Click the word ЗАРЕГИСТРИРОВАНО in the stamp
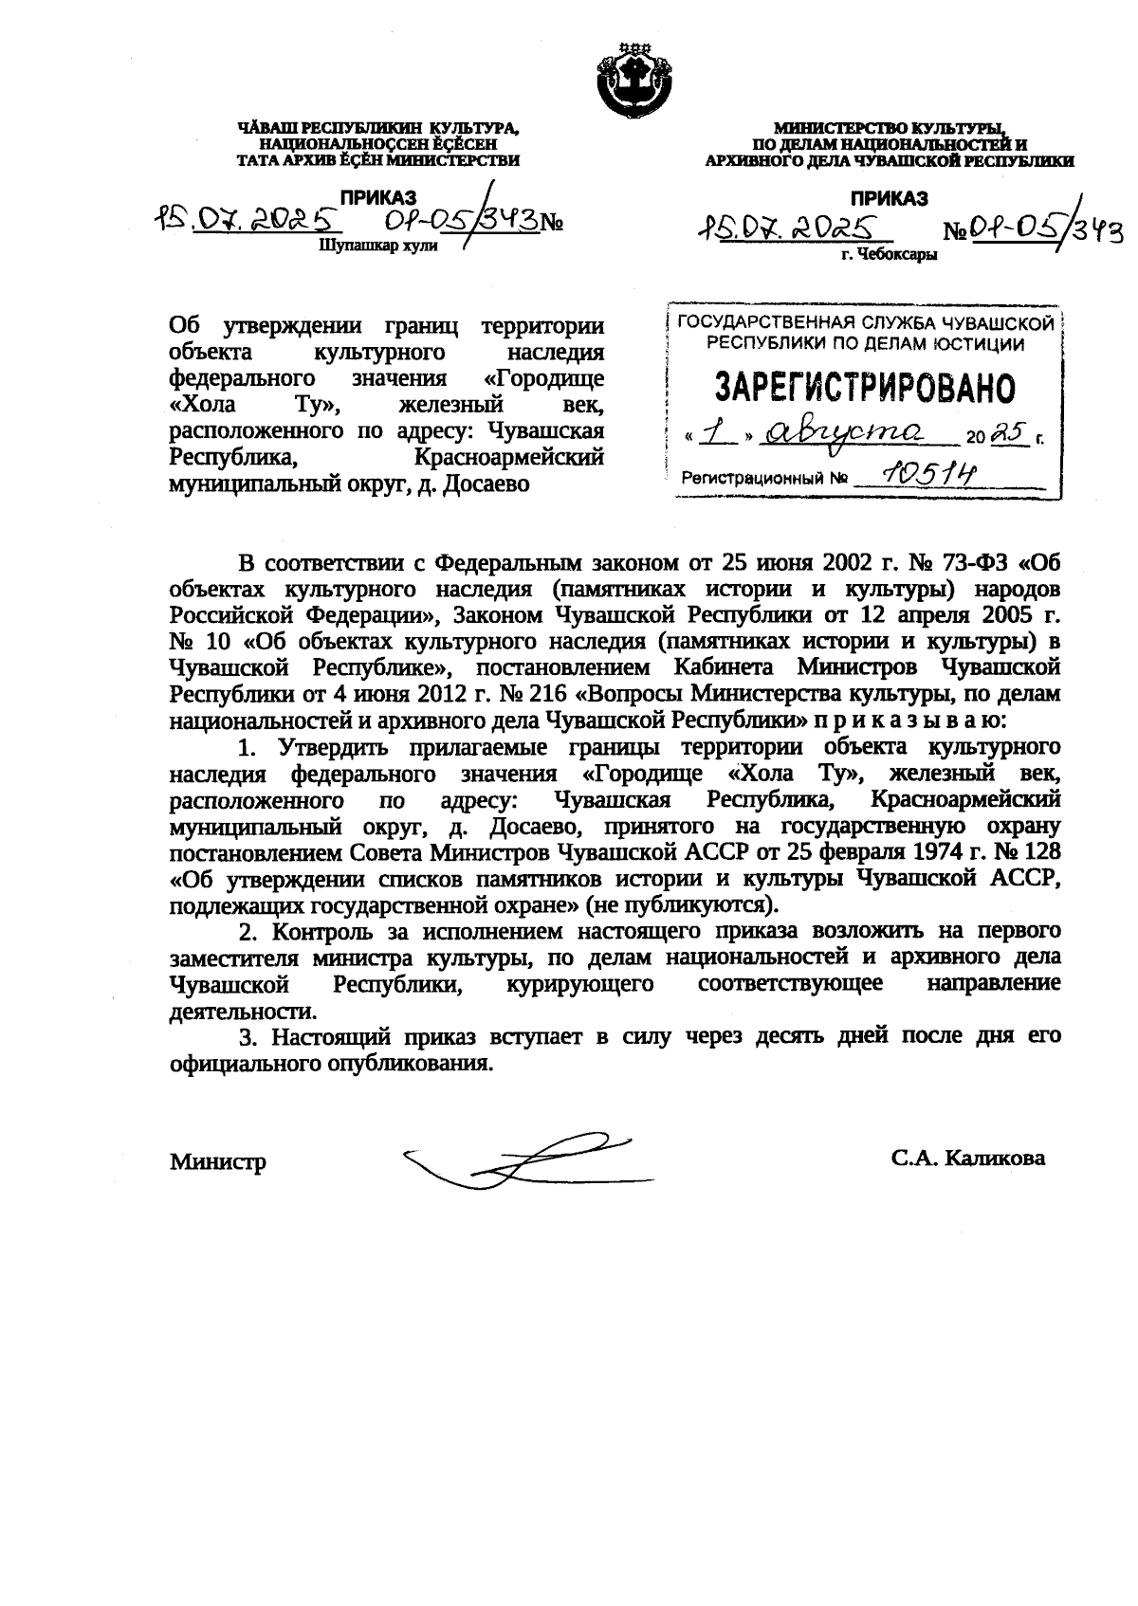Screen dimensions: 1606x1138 coord(863,386)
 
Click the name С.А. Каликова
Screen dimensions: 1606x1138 coord(967,1159)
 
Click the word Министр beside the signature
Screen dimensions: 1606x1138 coord(218,1161)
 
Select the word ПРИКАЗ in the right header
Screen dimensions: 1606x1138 coord(889,198)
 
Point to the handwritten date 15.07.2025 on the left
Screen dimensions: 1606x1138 coord(248,220)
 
